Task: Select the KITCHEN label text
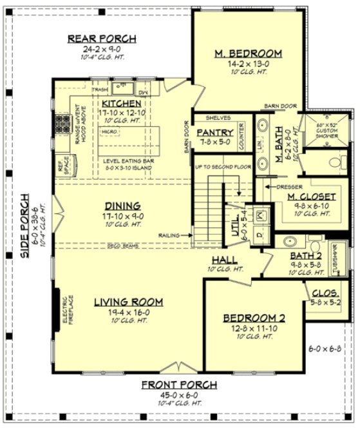[x=121, y=103]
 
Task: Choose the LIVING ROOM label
[x=128, y=302]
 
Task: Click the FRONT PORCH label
[x=180, y=385]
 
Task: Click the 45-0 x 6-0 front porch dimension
[x=180, y=394]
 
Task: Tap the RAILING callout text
[x=170, y=235]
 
